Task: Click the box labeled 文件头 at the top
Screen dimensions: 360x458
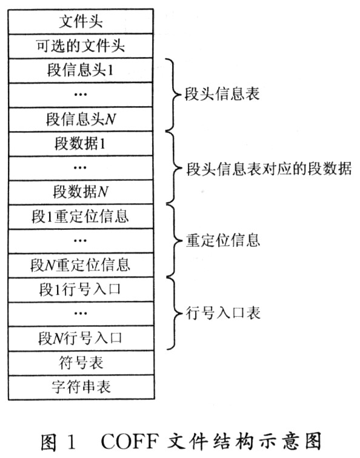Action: pyautogui.click(x=81, y=22)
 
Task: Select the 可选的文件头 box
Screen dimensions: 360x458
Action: pyautogui.click(x=81, y=46)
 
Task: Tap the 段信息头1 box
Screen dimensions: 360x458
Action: pyautogui.click(x=81, y=70)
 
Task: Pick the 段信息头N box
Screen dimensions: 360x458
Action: pyautogui.click(x=81, y=119)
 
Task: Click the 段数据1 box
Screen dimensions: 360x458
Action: pyautogui.click(x=81, y=143)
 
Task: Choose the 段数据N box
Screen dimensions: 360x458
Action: pyautogui.click(x=81, y=192)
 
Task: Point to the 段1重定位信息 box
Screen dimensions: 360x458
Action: pyautogui.click(x=81, y=217)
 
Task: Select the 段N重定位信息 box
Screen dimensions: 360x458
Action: pyautogui.click(x=81, y=265)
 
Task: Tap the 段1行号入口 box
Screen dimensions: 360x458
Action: pyautogui.click(x=81, y=290)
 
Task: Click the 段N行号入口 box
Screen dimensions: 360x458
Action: pyautogui.click(x=81, y=338)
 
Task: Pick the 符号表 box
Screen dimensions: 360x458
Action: pyautogui.click(x=81, y=363)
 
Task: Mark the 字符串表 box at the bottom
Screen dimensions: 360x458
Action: pyautogui.click(x=81, y=387)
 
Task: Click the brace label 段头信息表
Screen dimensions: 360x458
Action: pyautogui.click(x=222, y=94)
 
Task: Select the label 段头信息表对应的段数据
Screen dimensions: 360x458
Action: pyautogui.click(x=269, y=169)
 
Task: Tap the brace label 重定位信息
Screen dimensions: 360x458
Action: pyautogui.click(x=223, y=240)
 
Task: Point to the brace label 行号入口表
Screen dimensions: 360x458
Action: pyautogui.click(x=223, y=313)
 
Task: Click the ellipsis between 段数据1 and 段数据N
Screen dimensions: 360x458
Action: pyautogui.click(x=80, y=167)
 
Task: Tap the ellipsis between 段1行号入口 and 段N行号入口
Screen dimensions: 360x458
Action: pyautogui.click(x=80, y=314)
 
